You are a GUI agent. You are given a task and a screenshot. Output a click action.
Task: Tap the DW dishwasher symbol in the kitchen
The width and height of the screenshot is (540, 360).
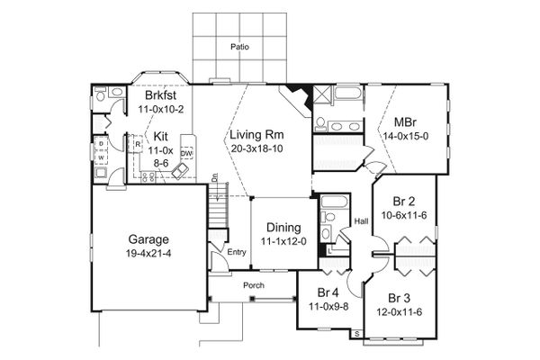[187, 154]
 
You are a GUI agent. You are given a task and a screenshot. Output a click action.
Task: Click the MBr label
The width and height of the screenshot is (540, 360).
[404, 122]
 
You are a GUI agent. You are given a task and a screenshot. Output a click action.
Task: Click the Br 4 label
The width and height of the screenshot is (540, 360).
[322, 292]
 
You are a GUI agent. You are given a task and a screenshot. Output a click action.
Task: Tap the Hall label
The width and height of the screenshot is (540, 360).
[361, 220]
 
